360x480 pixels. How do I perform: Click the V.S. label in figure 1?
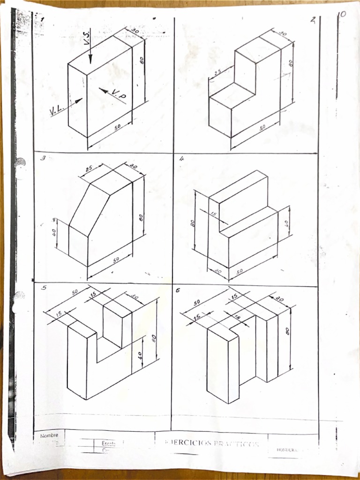pyautogui.click(x=87, y=37)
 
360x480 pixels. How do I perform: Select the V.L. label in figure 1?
pyautogui.click(x=57, y=110)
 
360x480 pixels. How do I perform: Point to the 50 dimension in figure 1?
pyautogui.click(x=118, y=127)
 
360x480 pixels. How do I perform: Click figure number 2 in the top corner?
pyautogui.click(x=313, y=20)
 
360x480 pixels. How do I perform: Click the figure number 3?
pyautogui.click(x=42, y=158)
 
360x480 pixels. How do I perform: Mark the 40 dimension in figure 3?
pyautogui.click(x=54, y=232)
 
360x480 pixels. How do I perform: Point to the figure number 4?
pyautogui.click(x=181, y=159)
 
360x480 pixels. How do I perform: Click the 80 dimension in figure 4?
pyautogui.click(x=193, y=224)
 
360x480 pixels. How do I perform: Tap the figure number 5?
pyautogui.click(x=44, y=287)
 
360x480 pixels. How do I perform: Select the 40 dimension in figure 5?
pyautogui.click(x=140, y=355)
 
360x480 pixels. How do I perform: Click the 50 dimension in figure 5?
pyautogui.click(x=75, y=292)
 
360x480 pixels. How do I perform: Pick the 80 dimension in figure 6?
pyautogui.click(x=287, y=331)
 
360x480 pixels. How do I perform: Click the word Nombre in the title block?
pyautogui.click(x=49, y=435)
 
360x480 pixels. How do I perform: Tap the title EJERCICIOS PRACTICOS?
pyautogui.click(x=211, y=443)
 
